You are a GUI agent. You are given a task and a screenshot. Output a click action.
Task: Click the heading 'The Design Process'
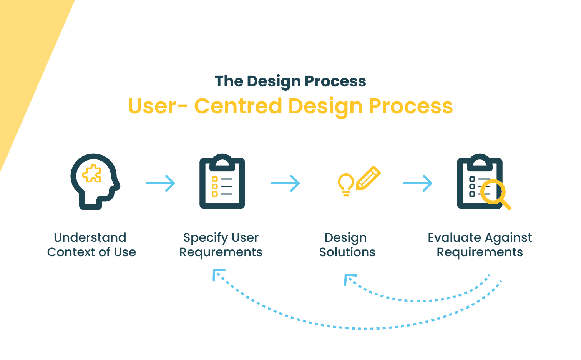point(290,81)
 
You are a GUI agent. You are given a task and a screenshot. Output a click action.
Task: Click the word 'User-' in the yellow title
point(158,106)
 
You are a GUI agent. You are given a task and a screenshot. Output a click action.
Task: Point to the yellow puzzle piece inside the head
point(92,174)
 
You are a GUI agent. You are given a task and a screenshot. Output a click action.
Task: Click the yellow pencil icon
point(368,178)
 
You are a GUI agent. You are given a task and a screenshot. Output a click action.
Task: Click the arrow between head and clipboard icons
point(161,183)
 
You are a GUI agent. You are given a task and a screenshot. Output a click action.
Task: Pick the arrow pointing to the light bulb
point(285,183)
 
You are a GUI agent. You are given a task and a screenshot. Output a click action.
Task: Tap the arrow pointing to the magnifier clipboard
point(418,183)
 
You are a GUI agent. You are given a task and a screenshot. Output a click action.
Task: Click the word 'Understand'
point(90,237)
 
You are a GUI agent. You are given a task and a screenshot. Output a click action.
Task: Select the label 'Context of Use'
point(91,252)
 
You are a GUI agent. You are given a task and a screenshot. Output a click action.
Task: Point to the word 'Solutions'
point(347,252)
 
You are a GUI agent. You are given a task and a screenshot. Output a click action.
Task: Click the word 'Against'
point(509,238)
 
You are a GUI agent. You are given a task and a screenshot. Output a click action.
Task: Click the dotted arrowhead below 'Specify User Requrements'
point(217,274)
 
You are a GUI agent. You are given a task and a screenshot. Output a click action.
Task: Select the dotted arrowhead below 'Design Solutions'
point(349,278)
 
